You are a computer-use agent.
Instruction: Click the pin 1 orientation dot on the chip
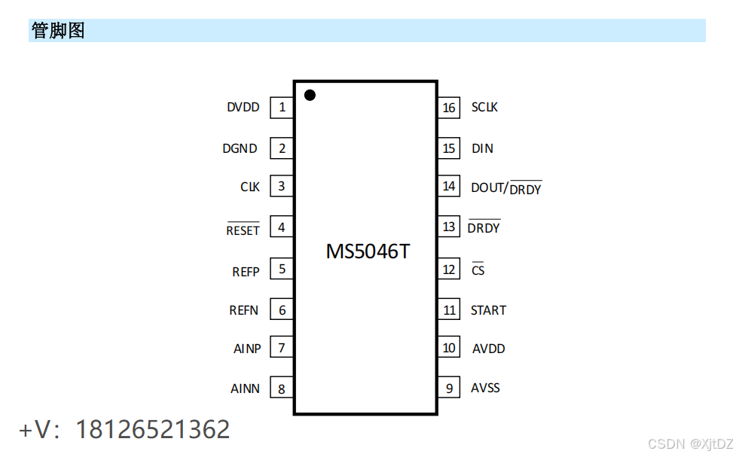(x=309, y=95)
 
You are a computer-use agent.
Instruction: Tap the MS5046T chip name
(x=368, y=251)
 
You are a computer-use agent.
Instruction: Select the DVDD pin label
(x=243, y=108)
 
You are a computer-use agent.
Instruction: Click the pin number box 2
(x=282, y=148)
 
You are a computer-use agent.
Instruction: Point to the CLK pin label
(x=250, y=187)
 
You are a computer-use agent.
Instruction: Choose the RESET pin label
(x=243, y=230)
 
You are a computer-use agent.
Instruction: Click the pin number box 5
(x=282, y=269)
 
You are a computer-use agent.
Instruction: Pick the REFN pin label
(x=244, y=310)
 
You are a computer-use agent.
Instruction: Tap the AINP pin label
(x=247, y=349)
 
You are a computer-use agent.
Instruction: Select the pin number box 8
(x=282, y=389)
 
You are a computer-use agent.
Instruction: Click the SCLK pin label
(x=484, y=108)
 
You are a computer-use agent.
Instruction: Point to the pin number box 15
(x=449, y=148)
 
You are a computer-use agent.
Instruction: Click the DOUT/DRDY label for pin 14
(x=505, y=188)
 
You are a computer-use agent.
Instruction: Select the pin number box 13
(x=449, y=227)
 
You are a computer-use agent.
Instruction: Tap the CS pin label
(x=478, y=270)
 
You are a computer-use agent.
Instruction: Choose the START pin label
(x=488, y=310)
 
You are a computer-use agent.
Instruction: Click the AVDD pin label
(x=488, y=349)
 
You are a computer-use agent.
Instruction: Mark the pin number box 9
(x=449, y=388)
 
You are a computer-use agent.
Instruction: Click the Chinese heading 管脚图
(x=58, y=31)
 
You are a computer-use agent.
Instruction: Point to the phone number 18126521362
(x=153, y=429)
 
